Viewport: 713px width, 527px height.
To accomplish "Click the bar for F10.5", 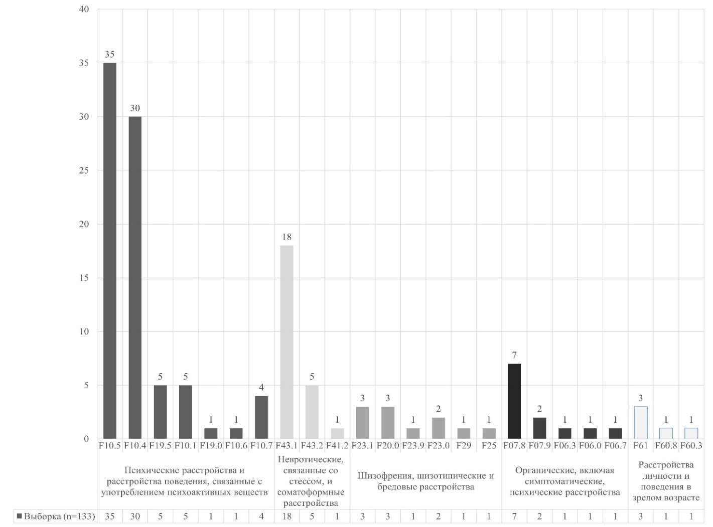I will (109, 251).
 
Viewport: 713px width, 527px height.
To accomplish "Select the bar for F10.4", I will (135, 278).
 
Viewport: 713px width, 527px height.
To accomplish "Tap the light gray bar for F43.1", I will (287, 342).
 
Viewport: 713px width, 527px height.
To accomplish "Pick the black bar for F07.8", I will (514, 401).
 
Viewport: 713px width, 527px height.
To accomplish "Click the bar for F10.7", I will (261, 417).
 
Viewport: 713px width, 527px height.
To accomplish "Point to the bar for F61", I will (641, 423).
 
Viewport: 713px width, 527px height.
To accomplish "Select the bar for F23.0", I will (438, 428).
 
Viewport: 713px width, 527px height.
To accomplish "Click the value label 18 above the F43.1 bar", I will (287, 237).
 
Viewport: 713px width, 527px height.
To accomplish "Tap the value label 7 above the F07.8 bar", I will (514, 355).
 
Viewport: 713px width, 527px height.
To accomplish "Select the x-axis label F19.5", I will (160, 445).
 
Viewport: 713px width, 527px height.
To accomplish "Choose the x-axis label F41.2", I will (337, 445).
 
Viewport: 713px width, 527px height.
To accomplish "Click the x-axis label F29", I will (464, 445).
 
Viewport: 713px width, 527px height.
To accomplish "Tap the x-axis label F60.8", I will (666, 445).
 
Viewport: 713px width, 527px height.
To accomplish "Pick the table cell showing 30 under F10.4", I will (135, 516).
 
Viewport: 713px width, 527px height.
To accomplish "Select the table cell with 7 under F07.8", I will (514, 516).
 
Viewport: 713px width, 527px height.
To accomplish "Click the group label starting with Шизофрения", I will (425, 481).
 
